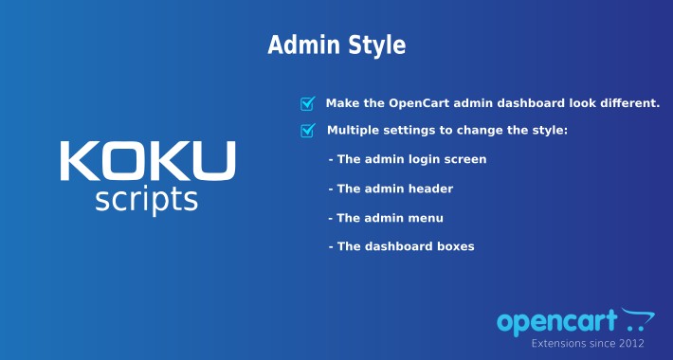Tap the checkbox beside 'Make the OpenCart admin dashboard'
pos(307,104)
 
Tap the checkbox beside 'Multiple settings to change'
pos(307,131)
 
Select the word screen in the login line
pos(464,159)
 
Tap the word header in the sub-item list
pos(430,189)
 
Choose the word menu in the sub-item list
pos(427,218)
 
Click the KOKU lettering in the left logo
pos(147,161)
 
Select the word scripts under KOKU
pos(147,200)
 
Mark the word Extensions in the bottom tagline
pos(558,343)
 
